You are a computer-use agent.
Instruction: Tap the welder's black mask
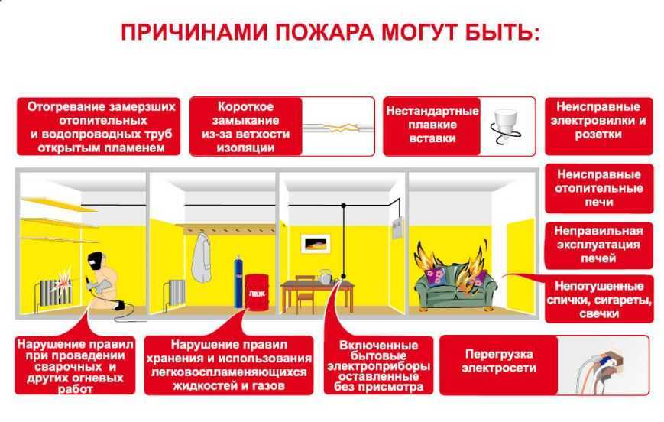tap(96, 261)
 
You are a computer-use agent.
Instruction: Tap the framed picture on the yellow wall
tap(316, 244)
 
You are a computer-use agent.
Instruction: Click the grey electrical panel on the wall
tap(397, 229)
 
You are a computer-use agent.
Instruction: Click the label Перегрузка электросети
tap(499, 361)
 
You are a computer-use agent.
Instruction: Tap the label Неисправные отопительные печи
tap(599, 188)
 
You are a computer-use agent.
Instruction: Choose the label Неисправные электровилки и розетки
tap(598, 120)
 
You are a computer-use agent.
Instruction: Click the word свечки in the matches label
tap(599, 314)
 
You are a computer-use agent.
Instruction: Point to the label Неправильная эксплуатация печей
tap(598, 245)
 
